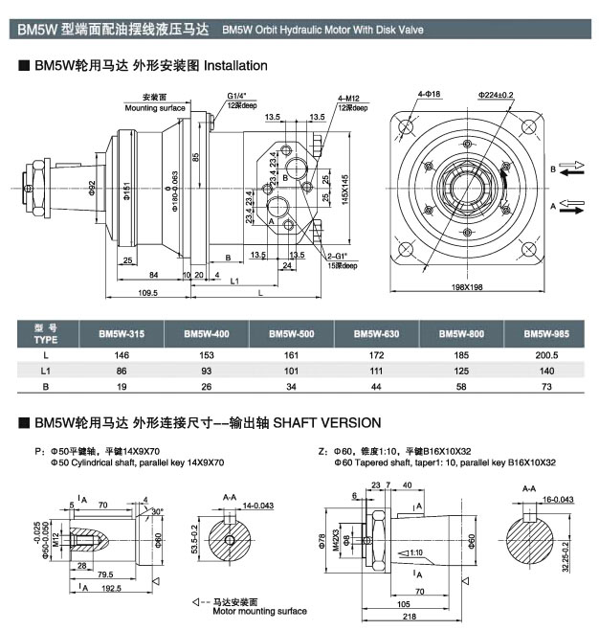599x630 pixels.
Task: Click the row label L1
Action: point(46,370)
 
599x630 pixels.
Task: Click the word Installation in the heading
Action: point(236,66)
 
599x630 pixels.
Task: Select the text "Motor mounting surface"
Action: point(259,610)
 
